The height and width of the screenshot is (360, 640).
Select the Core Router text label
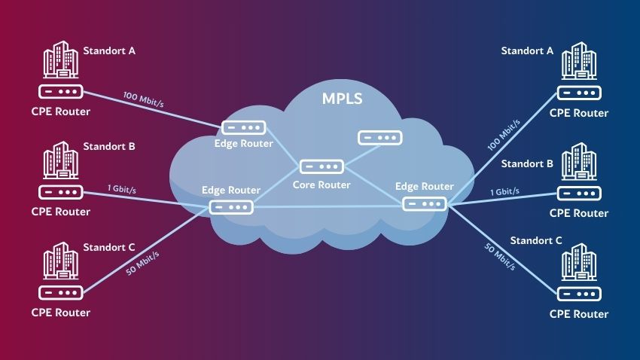(x=322, y=185)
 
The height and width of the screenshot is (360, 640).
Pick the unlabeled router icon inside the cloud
(x=379, y=138)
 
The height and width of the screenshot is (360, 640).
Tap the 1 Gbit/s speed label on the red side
(x=120, y=189)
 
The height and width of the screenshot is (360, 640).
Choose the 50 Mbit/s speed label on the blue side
(x=498, y=255)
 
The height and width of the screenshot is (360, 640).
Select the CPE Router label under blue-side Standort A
(x=578, y=113)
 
